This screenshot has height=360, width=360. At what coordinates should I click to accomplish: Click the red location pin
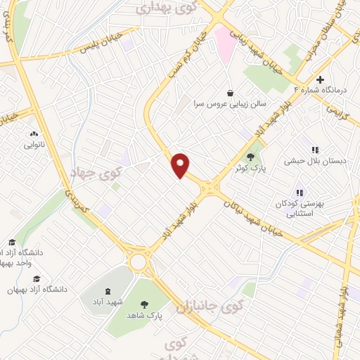[181, 165]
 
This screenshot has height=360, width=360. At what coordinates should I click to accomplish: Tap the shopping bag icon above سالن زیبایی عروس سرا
[230, 92]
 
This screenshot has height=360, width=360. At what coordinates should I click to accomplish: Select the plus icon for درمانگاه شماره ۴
[321, 79]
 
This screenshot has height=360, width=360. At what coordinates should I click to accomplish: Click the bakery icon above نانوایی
[33, 134]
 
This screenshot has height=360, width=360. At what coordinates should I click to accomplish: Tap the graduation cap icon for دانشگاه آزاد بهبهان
[36, 278]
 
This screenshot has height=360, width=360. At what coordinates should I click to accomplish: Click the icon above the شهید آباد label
[107, 290]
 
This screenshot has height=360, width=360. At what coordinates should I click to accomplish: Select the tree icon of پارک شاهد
[145, 304]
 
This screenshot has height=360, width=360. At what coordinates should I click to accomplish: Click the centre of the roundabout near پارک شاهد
[139, 262]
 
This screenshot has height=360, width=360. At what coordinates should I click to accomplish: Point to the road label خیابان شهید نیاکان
[255, 214]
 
